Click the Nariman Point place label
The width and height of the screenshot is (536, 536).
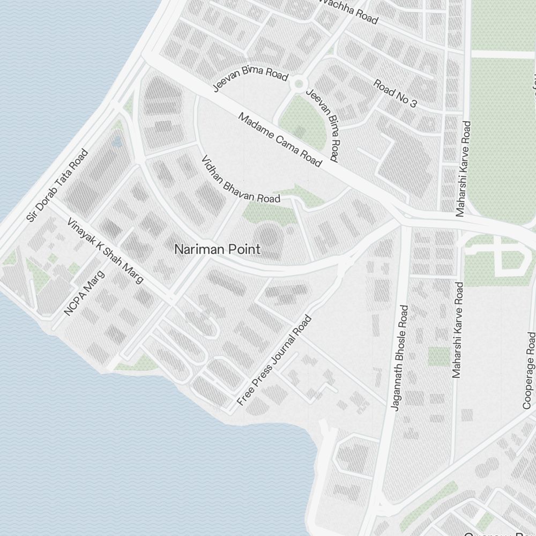click(x=218, y=249)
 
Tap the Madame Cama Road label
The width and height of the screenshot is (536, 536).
click(x=279, y=139)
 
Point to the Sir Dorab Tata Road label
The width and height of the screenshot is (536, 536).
click(x=57, y=185)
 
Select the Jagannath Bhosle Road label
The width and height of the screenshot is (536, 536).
click(x=400, y=358)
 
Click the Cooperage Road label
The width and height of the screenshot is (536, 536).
click(x=529, y=370)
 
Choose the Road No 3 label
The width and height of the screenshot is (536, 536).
click(x=395, y=93)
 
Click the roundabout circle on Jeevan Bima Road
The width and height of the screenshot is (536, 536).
click(x=298, y=83)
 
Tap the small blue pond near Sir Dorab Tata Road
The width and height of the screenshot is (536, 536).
click(x=117, y=141)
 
